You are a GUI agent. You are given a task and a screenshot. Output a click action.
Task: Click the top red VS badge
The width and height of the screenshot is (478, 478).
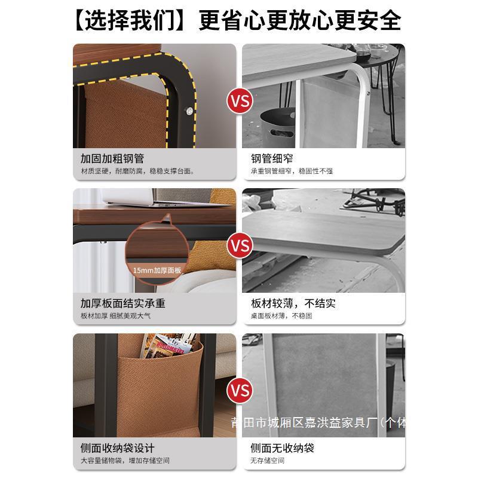tap(240, 100)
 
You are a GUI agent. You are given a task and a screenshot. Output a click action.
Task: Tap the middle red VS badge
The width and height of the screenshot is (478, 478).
tap(240, 246)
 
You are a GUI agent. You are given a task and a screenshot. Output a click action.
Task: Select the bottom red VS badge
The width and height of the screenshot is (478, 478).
tap(240, 391)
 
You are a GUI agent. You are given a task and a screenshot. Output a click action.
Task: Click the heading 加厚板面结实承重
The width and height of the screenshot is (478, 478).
tap(122, 304)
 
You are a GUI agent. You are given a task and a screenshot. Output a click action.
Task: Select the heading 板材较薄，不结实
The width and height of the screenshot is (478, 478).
tap(293, 304)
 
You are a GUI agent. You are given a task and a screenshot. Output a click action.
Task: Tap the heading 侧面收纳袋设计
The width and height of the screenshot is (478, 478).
tap(118, 448)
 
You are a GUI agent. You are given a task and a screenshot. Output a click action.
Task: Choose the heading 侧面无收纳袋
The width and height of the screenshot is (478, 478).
tap(282, 448)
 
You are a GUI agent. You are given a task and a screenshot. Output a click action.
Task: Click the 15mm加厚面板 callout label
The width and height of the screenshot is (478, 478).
tap(157, 269)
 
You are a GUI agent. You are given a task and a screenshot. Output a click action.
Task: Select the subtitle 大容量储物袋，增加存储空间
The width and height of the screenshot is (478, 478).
tap(125, 461)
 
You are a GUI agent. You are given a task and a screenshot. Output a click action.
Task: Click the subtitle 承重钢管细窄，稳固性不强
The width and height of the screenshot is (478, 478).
tap(292, 171)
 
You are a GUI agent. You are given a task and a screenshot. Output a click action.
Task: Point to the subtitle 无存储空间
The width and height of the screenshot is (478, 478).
tap(267, 461)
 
